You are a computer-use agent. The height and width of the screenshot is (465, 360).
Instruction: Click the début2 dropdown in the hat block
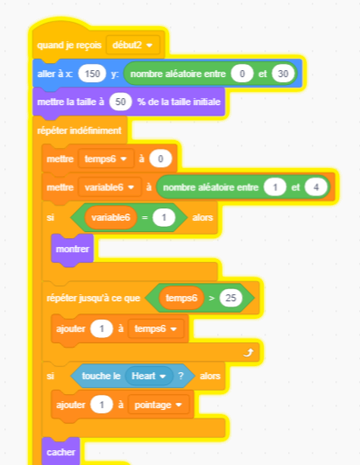(x=133, y=45)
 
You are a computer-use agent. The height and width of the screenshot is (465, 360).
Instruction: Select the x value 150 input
(x=92, y=74)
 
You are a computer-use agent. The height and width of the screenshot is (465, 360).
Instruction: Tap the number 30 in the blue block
(x=283, y=74)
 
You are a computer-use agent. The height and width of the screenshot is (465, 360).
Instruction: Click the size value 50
(x=120, y=102)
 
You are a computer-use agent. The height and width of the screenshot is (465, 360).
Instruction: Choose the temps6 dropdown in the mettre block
(x=106, y=159)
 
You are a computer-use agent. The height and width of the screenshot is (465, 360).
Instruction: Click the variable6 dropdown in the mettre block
(x=109, y=187)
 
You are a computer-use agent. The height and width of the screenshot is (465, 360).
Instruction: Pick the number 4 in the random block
(x=316, y=187)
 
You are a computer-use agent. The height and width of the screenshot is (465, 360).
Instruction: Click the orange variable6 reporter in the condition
(x=110, y=218)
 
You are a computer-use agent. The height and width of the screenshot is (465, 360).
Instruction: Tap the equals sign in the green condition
(x=145, y=218)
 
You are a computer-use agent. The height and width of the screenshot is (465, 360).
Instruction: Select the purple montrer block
(x=73, y=249)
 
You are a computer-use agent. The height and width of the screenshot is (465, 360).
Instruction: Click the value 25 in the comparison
(x=230, y=298)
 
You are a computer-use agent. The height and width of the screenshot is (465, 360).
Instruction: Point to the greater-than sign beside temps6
(x=212, y=298)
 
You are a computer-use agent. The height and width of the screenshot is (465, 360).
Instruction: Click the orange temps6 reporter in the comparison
(x=181, y=298)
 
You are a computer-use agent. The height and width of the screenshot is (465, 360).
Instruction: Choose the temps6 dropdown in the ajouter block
(x=156, y=328)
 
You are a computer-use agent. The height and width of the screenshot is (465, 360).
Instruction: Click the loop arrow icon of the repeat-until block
(x=249, y=353)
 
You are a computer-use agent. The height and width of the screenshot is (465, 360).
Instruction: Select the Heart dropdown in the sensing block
(x=149, y=376)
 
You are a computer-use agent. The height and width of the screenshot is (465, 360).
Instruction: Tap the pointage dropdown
(x=158, y=405)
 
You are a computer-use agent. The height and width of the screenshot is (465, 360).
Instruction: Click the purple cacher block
(x=60, y=452)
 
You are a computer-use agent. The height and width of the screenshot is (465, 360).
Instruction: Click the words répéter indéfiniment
(x=79, y=130)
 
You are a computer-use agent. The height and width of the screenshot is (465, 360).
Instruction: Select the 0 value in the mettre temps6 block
(x=160, y=159)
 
